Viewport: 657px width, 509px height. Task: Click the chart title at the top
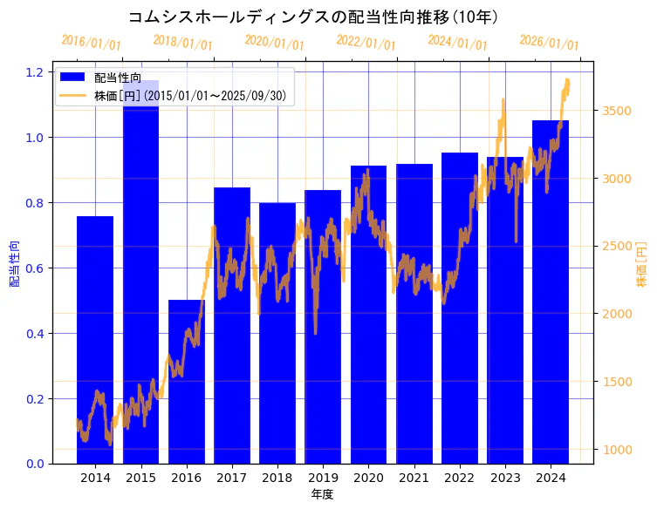tap(313, 17)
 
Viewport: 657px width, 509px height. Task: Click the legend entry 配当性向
tap(118, 78)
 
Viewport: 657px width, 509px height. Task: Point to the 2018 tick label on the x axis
tap(277, 478)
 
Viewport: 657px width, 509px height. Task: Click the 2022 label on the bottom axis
tap(459, 478)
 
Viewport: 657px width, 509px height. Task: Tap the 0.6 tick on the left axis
tap(34, 268)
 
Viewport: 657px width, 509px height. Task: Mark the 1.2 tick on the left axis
tap(34, 71)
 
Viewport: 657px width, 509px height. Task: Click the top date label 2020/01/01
tap(274, 42)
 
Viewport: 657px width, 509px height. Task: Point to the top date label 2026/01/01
tap(549, 42)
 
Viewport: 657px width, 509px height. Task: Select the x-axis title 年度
tap(322, 494)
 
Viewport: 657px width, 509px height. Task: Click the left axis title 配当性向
tap(14, 262)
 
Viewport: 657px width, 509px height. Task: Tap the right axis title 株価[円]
tap(641, 265)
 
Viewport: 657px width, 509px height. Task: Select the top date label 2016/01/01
tap(91, 42)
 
